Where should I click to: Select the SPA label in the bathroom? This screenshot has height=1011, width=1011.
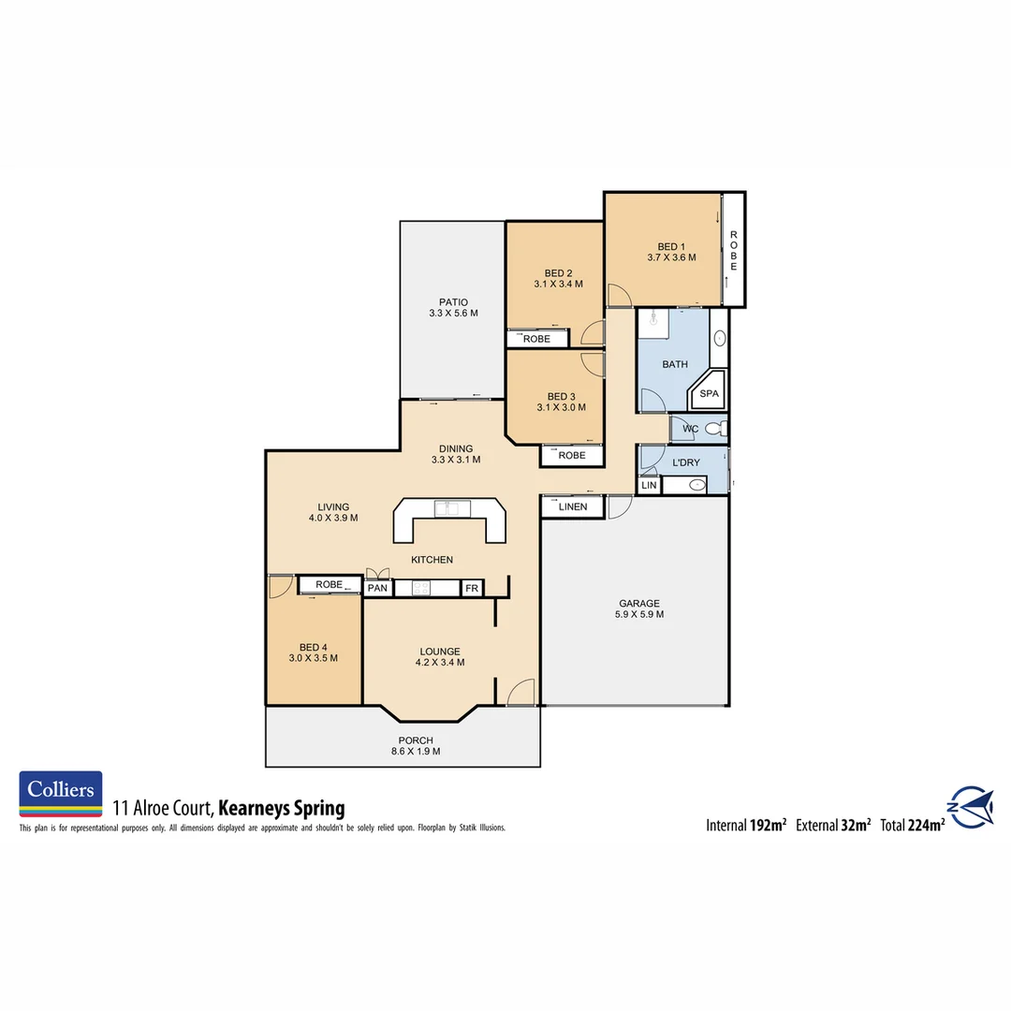710,394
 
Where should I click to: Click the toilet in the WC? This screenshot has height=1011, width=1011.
714,429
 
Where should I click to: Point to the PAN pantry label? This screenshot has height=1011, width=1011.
378,588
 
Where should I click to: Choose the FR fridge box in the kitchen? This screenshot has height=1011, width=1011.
472,588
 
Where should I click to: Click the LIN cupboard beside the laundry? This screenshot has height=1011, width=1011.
649,486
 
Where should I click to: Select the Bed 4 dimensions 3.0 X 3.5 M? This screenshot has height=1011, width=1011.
314,658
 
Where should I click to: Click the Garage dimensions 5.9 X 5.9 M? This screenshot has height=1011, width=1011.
639,615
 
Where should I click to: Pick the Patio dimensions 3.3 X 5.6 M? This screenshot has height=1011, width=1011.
453,314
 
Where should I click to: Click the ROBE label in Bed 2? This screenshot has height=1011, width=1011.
536,339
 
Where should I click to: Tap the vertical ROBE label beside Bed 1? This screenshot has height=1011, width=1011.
734,249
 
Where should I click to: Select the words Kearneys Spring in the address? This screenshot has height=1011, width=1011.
283,808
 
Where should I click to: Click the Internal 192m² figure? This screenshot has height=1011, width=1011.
745,825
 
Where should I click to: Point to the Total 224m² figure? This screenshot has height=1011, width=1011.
912,825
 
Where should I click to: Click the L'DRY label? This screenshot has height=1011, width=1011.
686,462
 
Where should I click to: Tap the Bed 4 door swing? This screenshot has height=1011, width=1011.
279,588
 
